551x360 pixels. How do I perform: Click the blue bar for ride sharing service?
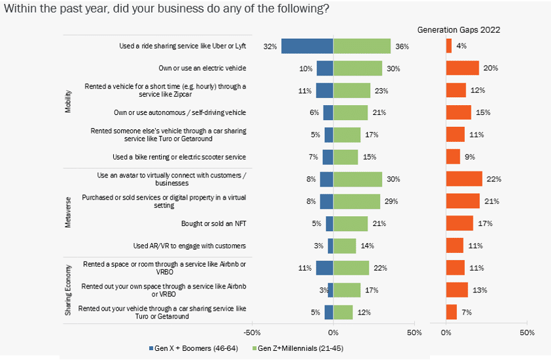[307, 46]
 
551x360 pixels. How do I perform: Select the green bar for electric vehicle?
[358, 68]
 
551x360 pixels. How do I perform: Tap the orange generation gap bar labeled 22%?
[464, 179]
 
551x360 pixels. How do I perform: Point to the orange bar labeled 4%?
[448, 46]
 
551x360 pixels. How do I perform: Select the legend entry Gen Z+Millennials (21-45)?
[300, 348]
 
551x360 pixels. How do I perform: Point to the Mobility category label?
[68, 102]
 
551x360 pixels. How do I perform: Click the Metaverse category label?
[68, 212]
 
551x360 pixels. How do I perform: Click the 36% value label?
[402, 47]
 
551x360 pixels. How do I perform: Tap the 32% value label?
[270, 47]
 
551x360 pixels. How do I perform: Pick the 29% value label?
[391, 201]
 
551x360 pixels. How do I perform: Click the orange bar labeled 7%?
[451, 312]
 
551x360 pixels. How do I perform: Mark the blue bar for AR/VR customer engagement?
[330, 246]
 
